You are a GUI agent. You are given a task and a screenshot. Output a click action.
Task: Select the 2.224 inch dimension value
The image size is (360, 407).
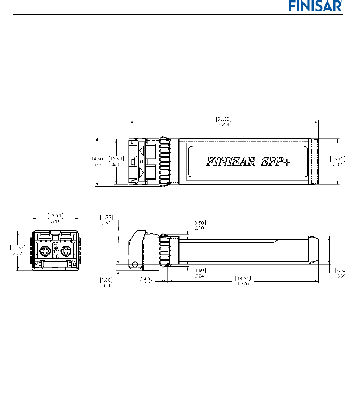[x=224, y=124]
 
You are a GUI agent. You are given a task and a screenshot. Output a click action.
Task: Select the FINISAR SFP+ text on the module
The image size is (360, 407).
[x=248, y=162]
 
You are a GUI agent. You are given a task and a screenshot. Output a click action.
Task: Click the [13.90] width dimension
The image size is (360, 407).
[x=55, y=215]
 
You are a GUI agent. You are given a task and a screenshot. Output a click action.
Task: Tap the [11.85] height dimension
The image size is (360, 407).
[x=14, y=247]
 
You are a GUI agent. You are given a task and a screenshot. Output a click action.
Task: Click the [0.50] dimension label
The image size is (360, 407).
[x=199, y=223]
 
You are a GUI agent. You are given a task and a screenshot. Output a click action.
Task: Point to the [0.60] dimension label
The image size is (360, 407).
[x=199, y=270]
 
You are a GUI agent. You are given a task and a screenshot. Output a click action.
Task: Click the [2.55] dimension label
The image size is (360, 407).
[x=146, y=278]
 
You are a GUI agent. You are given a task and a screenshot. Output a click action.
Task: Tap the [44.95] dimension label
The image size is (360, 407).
[x=243, y=278]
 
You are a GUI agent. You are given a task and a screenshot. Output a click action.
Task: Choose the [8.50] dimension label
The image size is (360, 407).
[x=341, y=271]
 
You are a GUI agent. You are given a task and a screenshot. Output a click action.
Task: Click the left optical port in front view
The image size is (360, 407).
[x=44, y=251]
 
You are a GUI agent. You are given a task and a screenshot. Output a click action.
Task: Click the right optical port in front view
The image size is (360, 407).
[x=66, y=251]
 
